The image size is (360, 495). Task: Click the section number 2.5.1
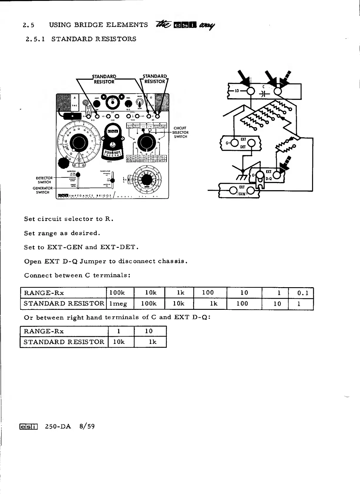(35, 39)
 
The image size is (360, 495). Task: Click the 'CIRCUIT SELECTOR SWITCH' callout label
(180, 132)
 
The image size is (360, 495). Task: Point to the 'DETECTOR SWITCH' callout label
(44, 180)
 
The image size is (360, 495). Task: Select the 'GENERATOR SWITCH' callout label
(43, 190)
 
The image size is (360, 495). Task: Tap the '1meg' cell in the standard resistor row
(118, 304)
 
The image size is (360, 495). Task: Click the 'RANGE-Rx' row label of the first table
(44, 293)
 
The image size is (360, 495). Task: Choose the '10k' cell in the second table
(119, 342)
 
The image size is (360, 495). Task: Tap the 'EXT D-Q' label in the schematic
(269, 175)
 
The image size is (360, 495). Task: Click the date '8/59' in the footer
(87, 426)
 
